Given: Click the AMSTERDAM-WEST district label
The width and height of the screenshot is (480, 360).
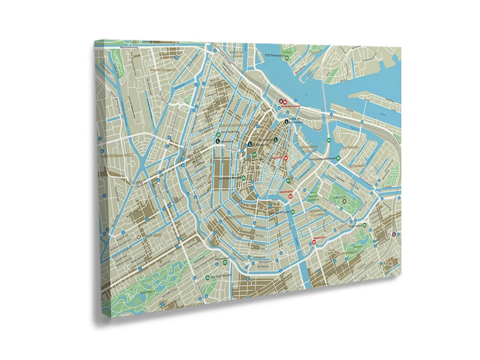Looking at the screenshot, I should pos(117,157).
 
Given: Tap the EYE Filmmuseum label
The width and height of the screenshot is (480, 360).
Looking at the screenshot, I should pos(274,55).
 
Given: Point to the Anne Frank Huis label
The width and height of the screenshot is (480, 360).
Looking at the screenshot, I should pos(231,132).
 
